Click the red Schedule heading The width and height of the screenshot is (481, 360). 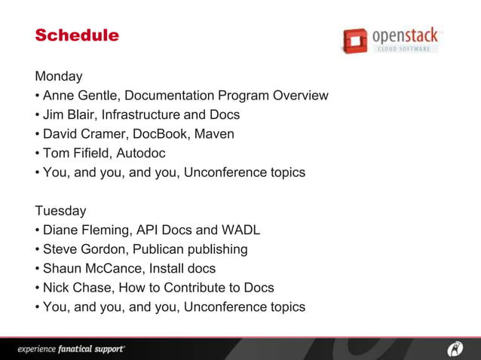coord(77,35)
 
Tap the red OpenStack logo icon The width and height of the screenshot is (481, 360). coord(354,40)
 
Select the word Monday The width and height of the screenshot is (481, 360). coord(59,77)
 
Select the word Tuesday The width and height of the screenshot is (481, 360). coord(60,211)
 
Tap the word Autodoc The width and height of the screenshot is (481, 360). coord(141,154)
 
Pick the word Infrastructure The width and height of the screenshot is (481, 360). coord(142,115)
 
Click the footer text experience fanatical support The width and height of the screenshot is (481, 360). coord(72,349)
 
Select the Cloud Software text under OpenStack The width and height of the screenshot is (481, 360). coord(404,49)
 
